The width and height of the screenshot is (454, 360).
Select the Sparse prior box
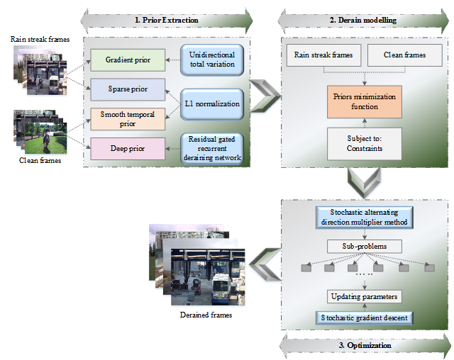(128, 91)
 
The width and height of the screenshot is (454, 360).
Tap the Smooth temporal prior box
(128, 119)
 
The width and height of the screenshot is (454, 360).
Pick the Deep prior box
(128, 148)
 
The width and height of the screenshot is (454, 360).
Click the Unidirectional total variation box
(213, 60)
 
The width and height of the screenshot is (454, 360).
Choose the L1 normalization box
(213, 104)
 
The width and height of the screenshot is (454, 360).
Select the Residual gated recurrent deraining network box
(213, 149)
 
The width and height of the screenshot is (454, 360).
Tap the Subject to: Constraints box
(365, 144)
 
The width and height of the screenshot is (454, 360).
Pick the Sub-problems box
(365, 247)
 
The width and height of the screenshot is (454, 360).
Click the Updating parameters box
(365, 296)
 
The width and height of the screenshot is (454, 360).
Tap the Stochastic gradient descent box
(365, 317)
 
